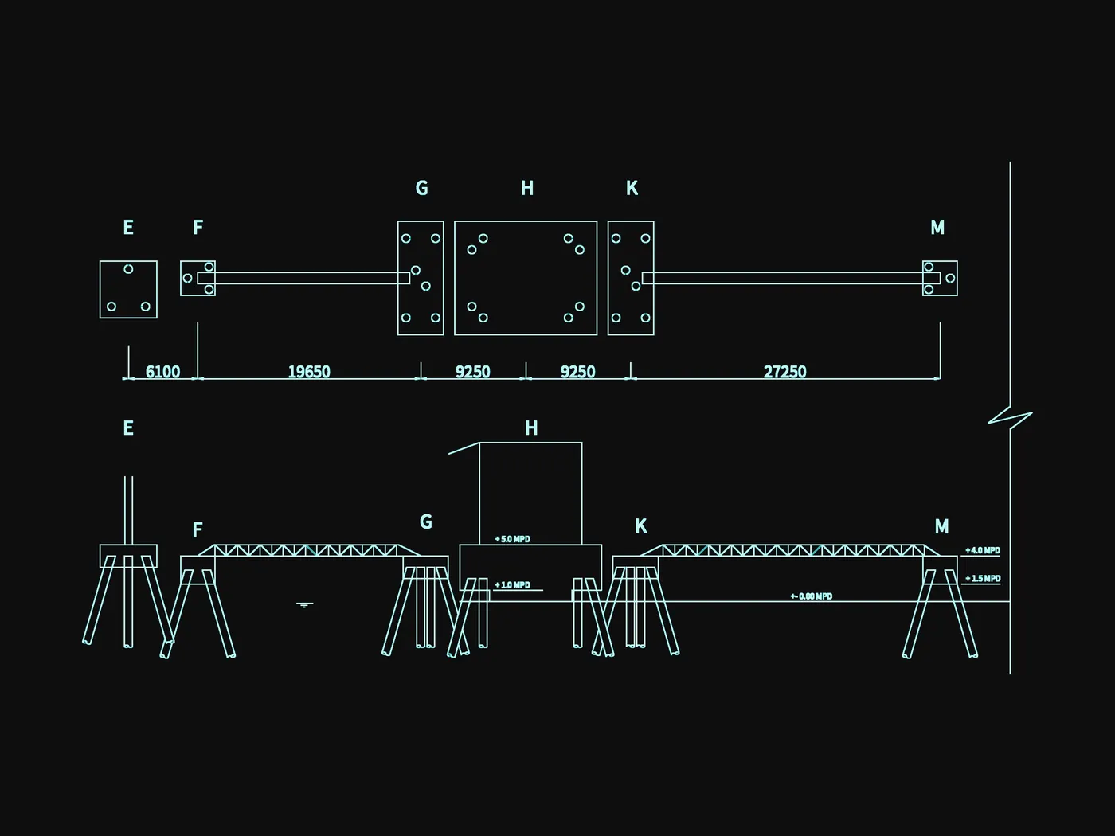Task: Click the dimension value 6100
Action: click(162, 372)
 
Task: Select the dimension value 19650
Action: click(309, 372)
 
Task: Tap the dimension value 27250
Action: click(784, 372)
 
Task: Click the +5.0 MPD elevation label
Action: click(513, 539)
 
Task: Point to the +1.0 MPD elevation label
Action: click(513, 585)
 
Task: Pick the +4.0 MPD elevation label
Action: click(983, 550)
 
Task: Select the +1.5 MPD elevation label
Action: click(983, 579)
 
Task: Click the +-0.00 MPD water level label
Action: click(812, 596)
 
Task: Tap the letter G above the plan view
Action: click(421, 189)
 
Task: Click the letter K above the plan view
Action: click(632, 189)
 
